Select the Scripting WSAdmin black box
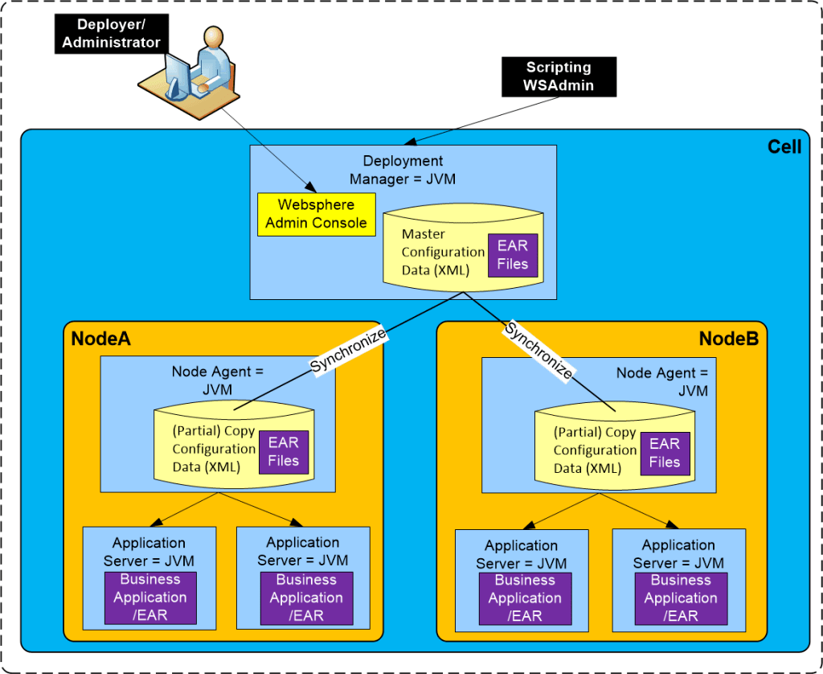(x=558, y=76)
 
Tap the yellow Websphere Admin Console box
(x=316, y=214)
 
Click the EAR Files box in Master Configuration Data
(x=512, y=255)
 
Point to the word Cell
(x=784, y=148)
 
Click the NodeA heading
(x=100, y=339)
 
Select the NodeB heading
(x=728, y=339)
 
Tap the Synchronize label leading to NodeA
(x=348, y=351)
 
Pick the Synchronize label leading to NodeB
(x=538, y=351)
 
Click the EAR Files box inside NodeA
(x=283, y=452)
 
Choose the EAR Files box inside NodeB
(x=665, y=453)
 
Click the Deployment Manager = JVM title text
(x=403, y=170)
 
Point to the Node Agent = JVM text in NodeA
(x=217, y=380)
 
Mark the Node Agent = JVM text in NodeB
(x=662, y=382)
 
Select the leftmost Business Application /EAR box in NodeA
(x=149, y=598)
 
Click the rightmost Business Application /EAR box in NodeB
(x=680, y=598)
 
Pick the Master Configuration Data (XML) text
(x=443, y=252)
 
